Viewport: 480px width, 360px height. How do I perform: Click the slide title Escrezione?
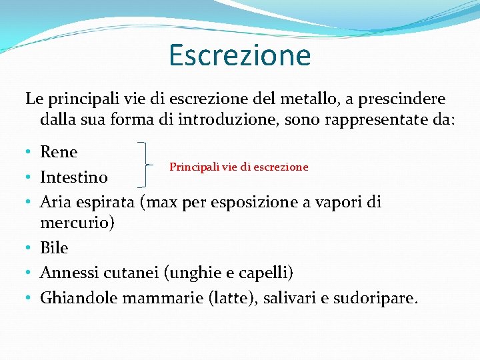pyautogui.click(x=239, y=55)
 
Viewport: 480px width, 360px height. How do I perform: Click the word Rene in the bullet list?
pyautogui.click(x=59, y=152)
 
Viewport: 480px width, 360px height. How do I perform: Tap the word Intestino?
pyautogui.click(x=73, y=177)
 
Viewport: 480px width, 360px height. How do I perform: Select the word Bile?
pyautogui.click(x=54, y=248)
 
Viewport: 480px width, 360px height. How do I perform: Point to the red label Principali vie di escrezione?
pyautogui.click(x=239, y=167)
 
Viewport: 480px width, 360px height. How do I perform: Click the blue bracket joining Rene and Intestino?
pyautogui.click(x=147, y=164)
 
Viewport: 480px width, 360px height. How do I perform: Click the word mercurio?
pyautogui.click(x=77, y=223)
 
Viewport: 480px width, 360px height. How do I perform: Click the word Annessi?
pyautogui.click(x=67, y=273)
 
